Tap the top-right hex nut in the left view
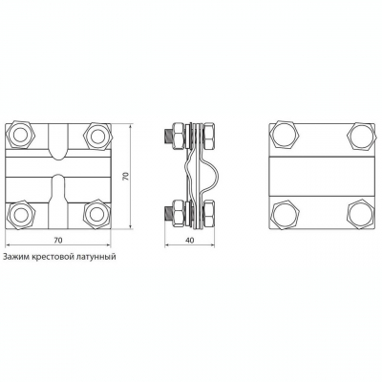coord(95,136)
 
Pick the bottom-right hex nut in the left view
coord(95,214)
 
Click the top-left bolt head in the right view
coord(286,136)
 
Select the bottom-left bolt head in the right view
coord(286,214)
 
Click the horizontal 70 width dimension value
coord(57,241)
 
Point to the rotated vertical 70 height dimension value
coord(125,177)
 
